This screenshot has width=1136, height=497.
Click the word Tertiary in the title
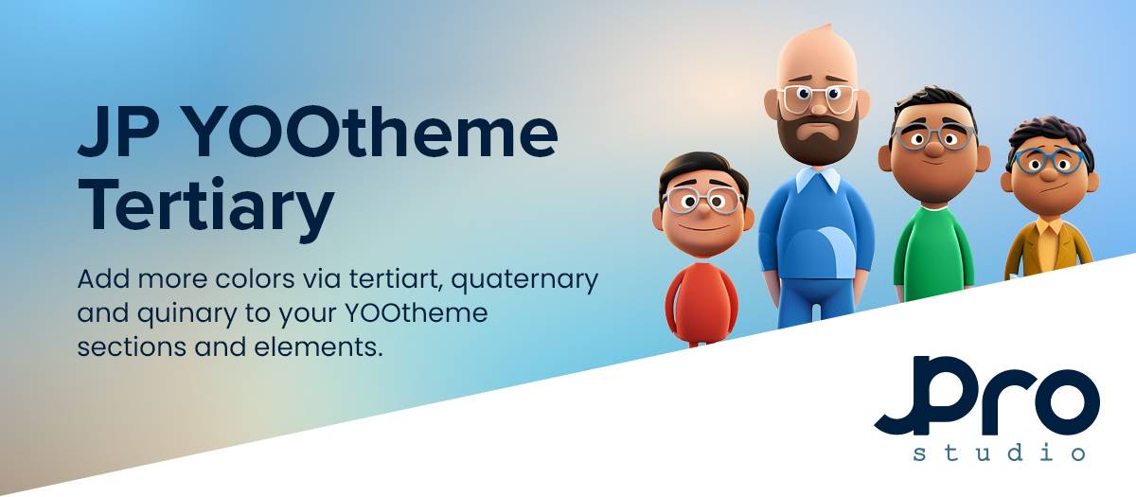(206, 205)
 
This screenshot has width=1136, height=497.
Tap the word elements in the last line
(318, 347)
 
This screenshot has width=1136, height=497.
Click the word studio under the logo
(999, 452)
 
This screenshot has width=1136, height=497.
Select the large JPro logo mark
(986, 396)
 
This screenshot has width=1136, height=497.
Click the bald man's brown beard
(818, 134)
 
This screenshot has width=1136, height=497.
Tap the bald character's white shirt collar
(818, 179)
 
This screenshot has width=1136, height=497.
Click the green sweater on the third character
(933, 253)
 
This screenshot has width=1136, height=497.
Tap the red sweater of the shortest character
(701, 303)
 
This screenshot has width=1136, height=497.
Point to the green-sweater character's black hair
(932, 105)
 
